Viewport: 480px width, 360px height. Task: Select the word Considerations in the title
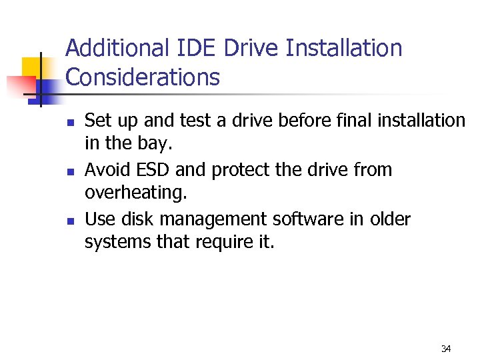pyautogui.click(x=143, y=78)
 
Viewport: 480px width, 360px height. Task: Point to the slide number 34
pyautogui.click(x=446, y=349)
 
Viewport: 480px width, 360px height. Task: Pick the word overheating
pyautogui.click(x=136, y=194)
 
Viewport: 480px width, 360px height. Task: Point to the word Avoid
pyautogui.click(x=108, y=170)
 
